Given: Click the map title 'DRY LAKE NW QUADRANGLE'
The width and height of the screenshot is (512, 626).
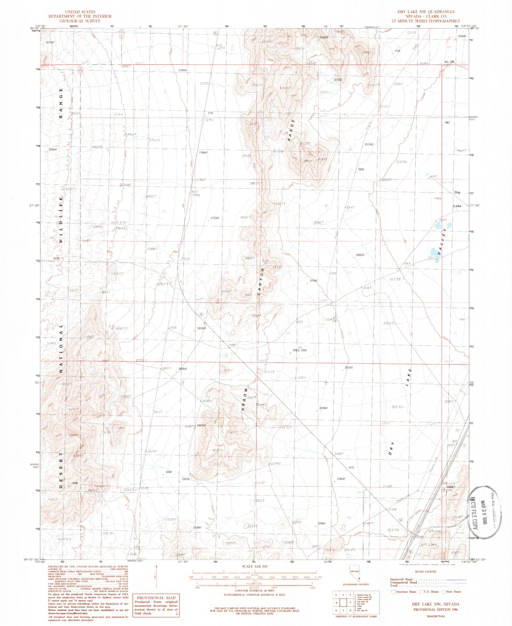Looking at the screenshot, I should [426, 12].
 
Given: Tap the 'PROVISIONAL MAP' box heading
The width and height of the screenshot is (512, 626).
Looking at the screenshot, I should [156, 598].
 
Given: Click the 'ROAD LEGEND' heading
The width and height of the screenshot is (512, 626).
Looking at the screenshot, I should [426, 572].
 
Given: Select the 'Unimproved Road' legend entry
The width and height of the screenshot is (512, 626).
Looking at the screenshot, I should [404, 582].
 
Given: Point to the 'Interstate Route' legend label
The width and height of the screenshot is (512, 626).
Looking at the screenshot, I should [406, 592].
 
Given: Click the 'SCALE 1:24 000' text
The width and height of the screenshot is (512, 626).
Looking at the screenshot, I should [254, 566].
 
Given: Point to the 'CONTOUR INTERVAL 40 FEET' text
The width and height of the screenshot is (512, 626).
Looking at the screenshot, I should [254, 590].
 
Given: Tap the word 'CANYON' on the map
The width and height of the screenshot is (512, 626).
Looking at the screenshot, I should [261, 282].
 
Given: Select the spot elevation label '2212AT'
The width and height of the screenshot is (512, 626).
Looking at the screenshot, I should [348, 368].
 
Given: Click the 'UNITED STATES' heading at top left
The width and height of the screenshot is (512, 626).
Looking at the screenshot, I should [80, 12].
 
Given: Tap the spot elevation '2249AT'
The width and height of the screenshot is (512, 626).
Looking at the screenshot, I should [324, 408].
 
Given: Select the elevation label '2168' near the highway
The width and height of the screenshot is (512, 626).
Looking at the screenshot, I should [392, 509].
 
